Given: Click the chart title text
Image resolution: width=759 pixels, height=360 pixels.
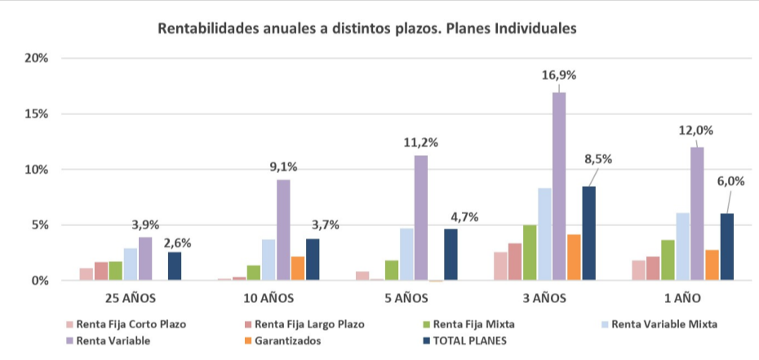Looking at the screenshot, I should click(x=366, y=29).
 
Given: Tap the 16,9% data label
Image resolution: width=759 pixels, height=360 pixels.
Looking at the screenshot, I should click(x=559, y=75).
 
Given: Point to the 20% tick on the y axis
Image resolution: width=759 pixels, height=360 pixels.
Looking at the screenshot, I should click(x=37, y=59).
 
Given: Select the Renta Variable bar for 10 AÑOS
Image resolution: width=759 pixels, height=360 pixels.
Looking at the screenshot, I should click(x=283, y=229).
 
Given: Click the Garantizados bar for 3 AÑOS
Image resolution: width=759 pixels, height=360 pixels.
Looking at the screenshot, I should click(x=574, y=257).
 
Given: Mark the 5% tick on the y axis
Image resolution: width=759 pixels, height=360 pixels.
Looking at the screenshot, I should click(x=39, y=225).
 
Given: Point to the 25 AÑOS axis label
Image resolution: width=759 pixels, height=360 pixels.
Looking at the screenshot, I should click(x=131, y=298).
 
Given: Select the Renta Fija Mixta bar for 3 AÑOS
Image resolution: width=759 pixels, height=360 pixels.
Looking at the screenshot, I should click(x=530, y=252).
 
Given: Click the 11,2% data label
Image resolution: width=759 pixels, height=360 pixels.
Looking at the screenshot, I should click(x=421, y=142).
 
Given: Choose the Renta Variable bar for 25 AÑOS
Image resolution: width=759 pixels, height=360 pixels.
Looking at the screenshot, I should click(x=145, y=259).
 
